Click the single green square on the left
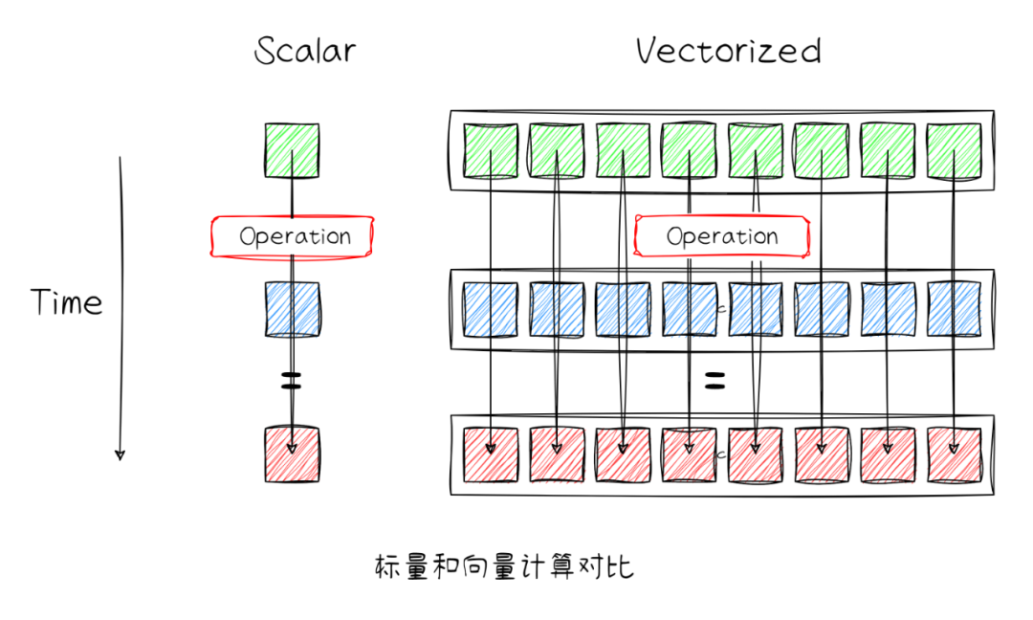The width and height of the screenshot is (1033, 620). click(x=292, y=151)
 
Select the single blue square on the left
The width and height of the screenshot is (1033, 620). click(x=292, y=309)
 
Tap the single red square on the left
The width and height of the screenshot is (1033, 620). click(x=292, y=454)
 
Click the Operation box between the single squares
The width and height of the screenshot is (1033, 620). click(x=293, y=236)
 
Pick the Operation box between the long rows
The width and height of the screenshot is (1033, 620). click(x=722, y=236)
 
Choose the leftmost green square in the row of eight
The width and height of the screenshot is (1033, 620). click(x=491, y=150)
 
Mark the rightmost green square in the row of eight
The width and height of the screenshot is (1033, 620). click(x=954, y=150)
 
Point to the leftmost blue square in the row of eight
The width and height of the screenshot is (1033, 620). click(x=491, y=309)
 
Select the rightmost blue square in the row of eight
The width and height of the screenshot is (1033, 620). click(x=954, y=309)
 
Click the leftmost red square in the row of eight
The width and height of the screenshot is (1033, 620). click(x=491, y=454)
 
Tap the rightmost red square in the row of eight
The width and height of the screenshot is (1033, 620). click(x=954, y=454)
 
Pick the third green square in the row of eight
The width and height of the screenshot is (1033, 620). click(x=623, y=150)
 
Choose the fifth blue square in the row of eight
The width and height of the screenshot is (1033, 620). click(x=756, y=309)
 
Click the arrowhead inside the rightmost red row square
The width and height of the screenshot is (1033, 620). click(x=954, y=447)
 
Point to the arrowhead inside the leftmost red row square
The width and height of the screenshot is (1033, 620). click(x=491, y=447)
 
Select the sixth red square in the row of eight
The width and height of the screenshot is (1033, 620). click(x=822, y=454)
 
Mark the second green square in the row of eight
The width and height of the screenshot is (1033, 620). click(x=557, y=150)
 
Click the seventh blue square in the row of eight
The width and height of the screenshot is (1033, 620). click(x=888, y=309)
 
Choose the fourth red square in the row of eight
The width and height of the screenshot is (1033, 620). click(x=689, y=454)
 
